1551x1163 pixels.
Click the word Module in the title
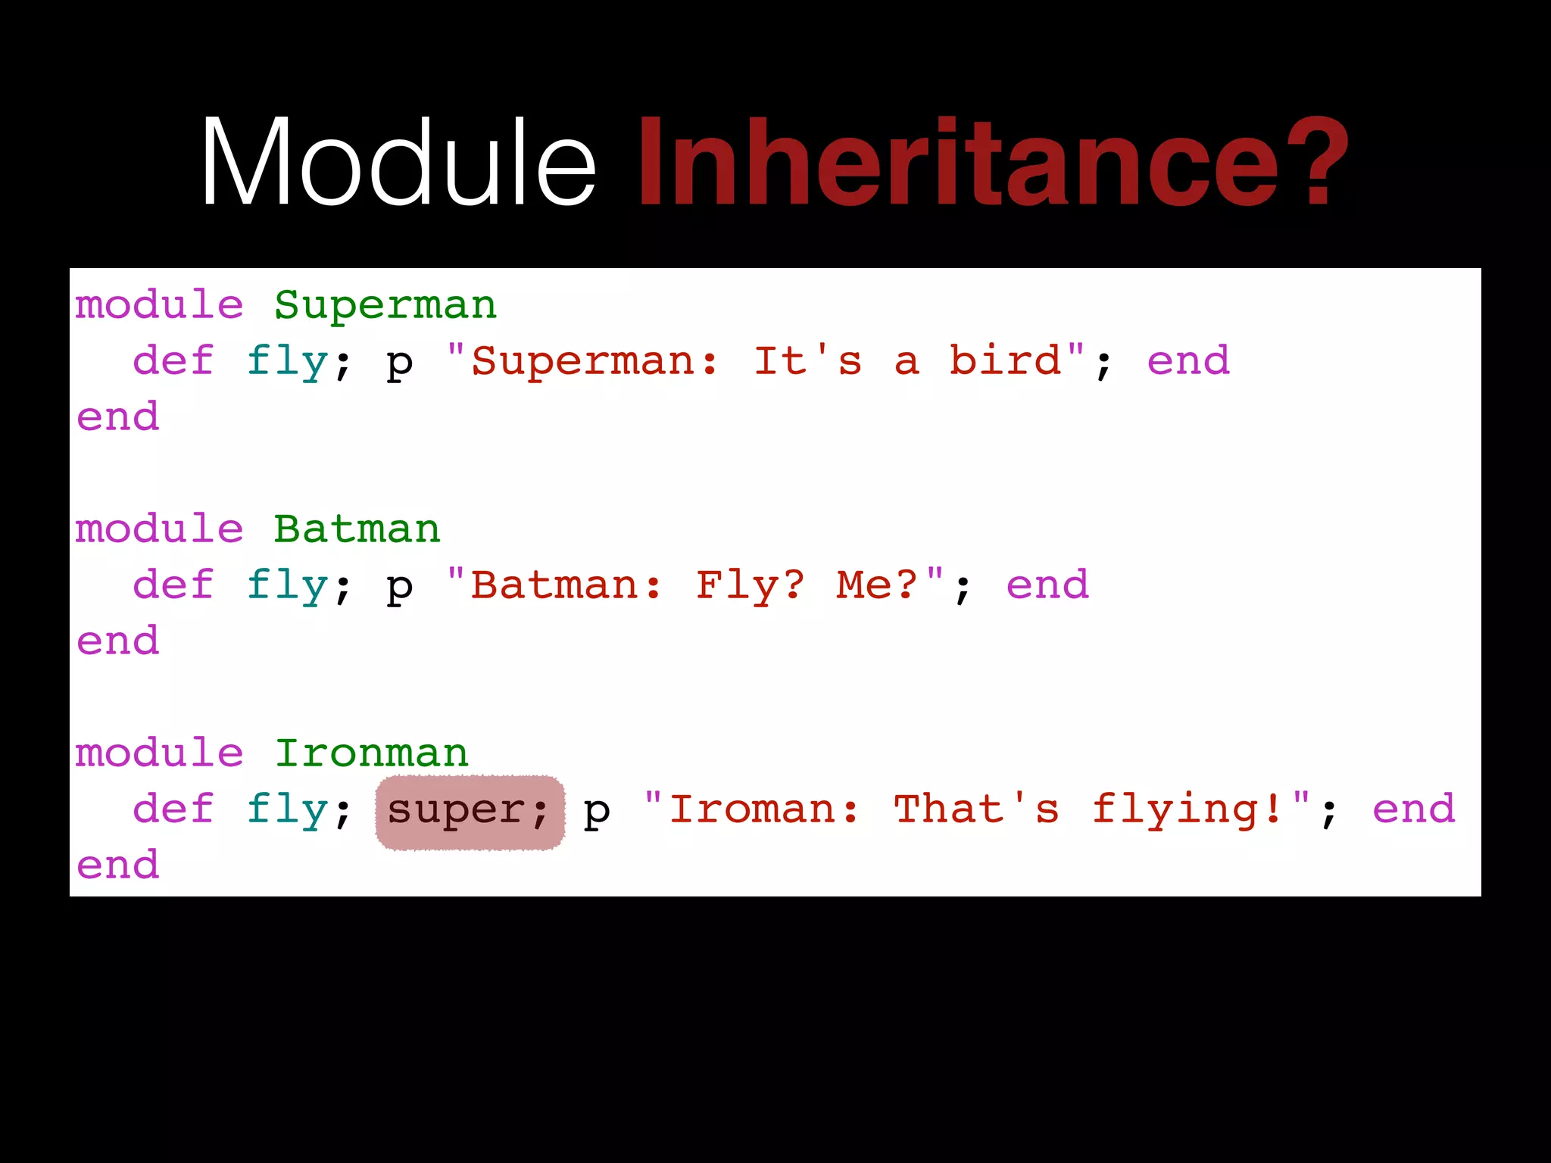point(399,163)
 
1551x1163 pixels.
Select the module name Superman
point(385,305)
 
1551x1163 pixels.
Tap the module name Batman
point(357,528)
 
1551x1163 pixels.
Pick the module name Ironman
point(371,753)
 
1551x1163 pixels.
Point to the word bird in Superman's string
point(1006,360)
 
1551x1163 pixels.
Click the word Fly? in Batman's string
point(751,585)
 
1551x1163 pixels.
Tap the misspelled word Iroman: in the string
point(764,809)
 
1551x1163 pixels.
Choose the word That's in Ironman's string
point(976,809)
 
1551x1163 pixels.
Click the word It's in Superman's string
point(808,360)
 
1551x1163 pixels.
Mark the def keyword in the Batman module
point(173,585)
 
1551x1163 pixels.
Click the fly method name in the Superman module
point(287,360)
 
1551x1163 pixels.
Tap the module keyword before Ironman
point(159,753)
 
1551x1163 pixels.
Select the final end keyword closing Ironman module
point(117,865)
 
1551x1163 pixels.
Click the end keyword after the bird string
point(1188,360)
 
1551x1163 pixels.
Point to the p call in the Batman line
point(400,587)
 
